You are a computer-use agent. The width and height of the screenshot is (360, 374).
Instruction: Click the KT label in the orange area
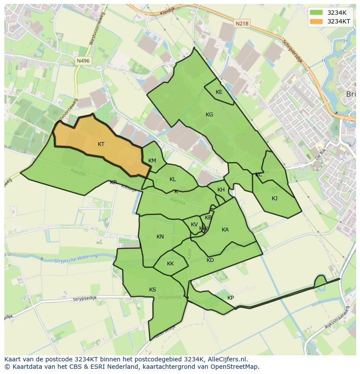point(101,144)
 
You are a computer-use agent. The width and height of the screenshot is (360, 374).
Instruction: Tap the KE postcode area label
point(219,92)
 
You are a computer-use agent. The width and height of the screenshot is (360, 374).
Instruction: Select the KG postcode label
point(209,115)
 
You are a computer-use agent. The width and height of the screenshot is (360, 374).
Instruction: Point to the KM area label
point(152,161)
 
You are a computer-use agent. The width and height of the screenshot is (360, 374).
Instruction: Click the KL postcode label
point(173,179)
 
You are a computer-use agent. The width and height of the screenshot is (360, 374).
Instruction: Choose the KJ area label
point(274,199)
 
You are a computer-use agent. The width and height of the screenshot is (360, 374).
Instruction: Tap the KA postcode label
point(225,230)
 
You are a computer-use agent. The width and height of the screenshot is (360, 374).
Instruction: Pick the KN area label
point(160,237)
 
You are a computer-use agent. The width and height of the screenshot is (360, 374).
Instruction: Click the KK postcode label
point(170,264)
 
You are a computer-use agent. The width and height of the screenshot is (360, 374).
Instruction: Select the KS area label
point(153,290)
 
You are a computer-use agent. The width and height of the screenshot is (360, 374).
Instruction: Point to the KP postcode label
point(230,298)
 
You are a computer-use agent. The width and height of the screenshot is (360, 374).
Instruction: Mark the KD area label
point(210,260)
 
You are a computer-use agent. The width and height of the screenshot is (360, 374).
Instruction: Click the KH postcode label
point(221,190)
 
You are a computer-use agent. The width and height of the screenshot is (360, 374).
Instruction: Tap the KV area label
point(194,225)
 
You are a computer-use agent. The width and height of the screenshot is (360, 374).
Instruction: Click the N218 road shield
point(242,24)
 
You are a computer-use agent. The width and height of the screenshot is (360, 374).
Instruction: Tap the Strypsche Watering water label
point(76,258)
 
